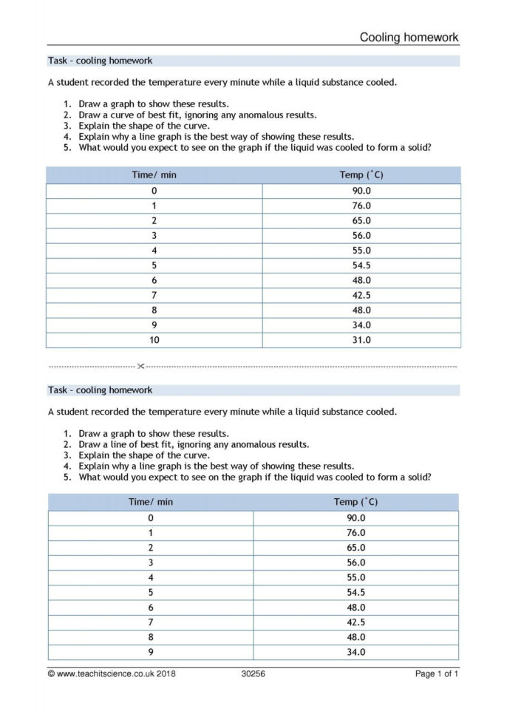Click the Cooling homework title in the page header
point(409,37)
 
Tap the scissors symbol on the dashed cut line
point(140,366)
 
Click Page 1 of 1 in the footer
point(437,673)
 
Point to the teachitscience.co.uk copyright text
point(112,673)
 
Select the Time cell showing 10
point(154,340)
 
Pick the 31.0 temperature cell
point(361,340)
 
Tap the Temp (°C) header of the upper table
point(361,175)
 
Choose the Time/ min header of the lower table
point(151,502)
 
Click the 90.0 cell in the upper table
point(361,191)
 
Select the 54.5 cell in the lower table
point(355,592)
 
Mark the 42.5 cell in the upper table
point(361,295)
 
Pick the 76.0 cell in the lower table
point(355,532)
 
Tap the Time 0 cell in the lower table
point(151,517)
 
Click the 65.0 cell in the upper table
point(361,220)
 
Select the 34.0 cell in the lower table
point(355,652)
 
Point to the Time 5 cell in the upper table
point(154,265)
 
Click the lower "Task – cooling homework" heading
point(101,390)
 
